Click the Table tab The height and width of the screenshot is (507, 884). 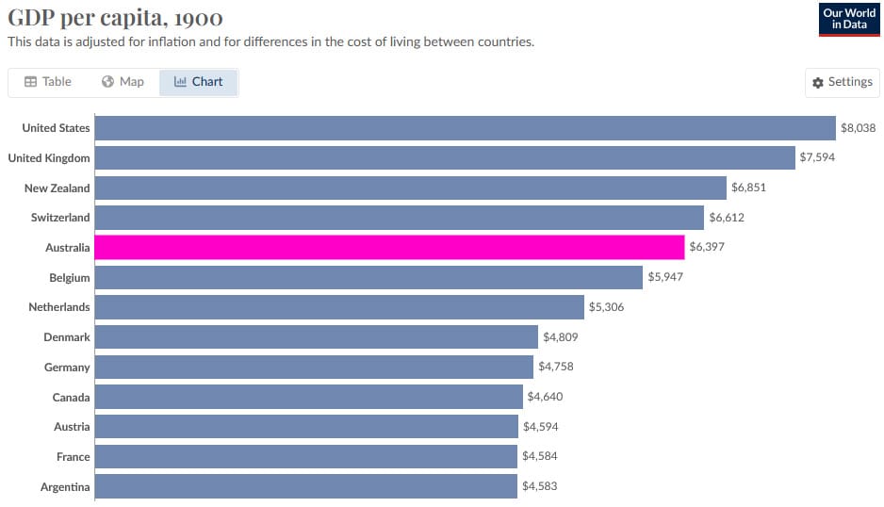(47, 82)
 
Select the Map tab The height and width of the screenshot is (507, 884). (123, 82)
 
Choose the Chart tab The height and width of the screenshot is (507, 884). (199, 82)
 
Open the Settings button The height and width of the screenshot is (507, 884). (843, 82)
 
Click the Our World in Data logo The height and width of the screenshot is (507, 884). (849, 19)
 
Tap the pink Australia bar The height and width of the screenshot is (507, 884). (389, 248)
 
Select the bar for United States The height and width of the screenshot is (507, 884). (466, 128)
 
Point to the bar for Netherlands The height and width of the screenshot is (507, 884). (339, 307)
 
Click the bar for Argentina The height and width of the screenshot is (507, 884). (306, 487)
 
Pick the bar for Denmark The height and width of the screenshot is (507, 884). (317, 337)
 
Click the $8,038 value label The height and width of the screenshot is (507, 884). (858, 128)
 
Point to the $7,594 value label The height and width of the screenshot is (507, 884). (817, 157)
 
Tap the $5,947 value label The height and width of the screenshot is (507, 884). (664, 278)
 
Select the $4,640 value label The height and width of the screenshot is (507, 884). (545, 397)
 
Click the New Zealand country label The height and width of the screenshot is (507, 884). (57, 188)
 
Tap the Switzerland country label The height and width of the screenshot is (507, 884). (60, 218)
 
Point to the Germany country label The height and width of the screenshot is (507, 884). (67, 368)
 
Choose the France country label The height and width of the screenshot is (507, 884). (73, 457)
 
